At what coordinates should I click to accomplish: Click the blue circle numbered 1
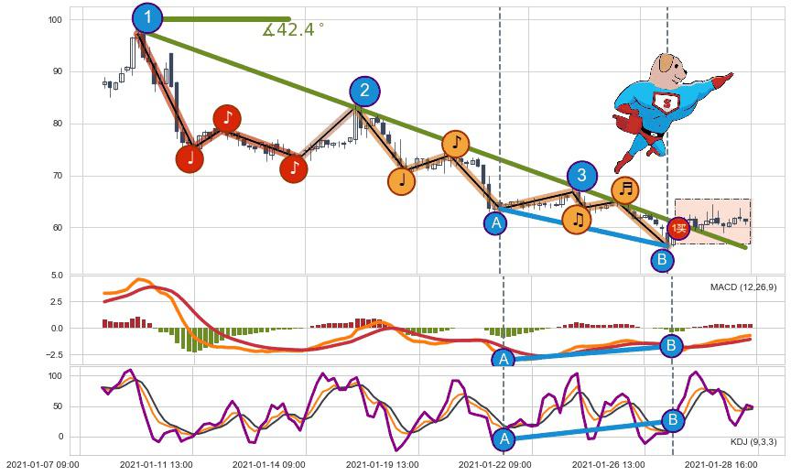click(x=146, y=17)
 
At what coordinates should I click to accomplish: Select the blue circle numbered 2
click(x=364, y=91)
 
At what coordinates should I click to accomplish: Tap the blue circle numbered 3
click(x=581, y=176)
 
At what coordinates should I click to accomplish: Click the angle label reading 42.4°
click(x=293, y=30)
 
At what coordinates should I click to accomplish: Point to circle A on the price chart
click(x=495, y=222)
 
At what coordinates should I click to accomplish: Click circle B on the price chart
click(x=662, y=260)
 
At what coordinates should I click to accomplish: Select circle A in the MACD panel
click(x=502, y=359)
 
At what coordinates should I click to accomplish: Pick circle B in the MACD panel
click(x=671, y=345)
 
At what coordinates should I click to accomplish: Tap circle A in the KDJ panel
click(x=502, y=439)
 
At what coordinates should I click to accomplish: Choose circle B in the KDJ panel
click(x=673, y=420)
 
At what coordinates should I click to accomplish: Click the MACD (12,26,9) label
click(x=742, y=287)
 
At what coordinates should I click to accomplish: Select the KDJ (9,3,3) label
click(x=753, y=442)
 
